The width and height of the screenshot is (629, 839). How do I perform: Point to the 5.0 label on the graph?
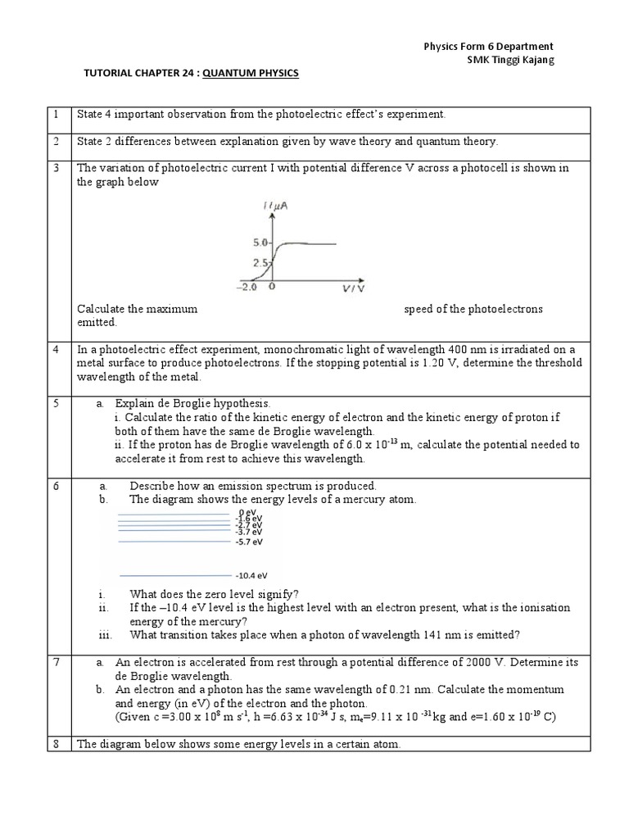260,243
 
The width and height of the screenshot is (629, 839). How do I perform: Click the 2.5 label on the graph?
261,263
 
